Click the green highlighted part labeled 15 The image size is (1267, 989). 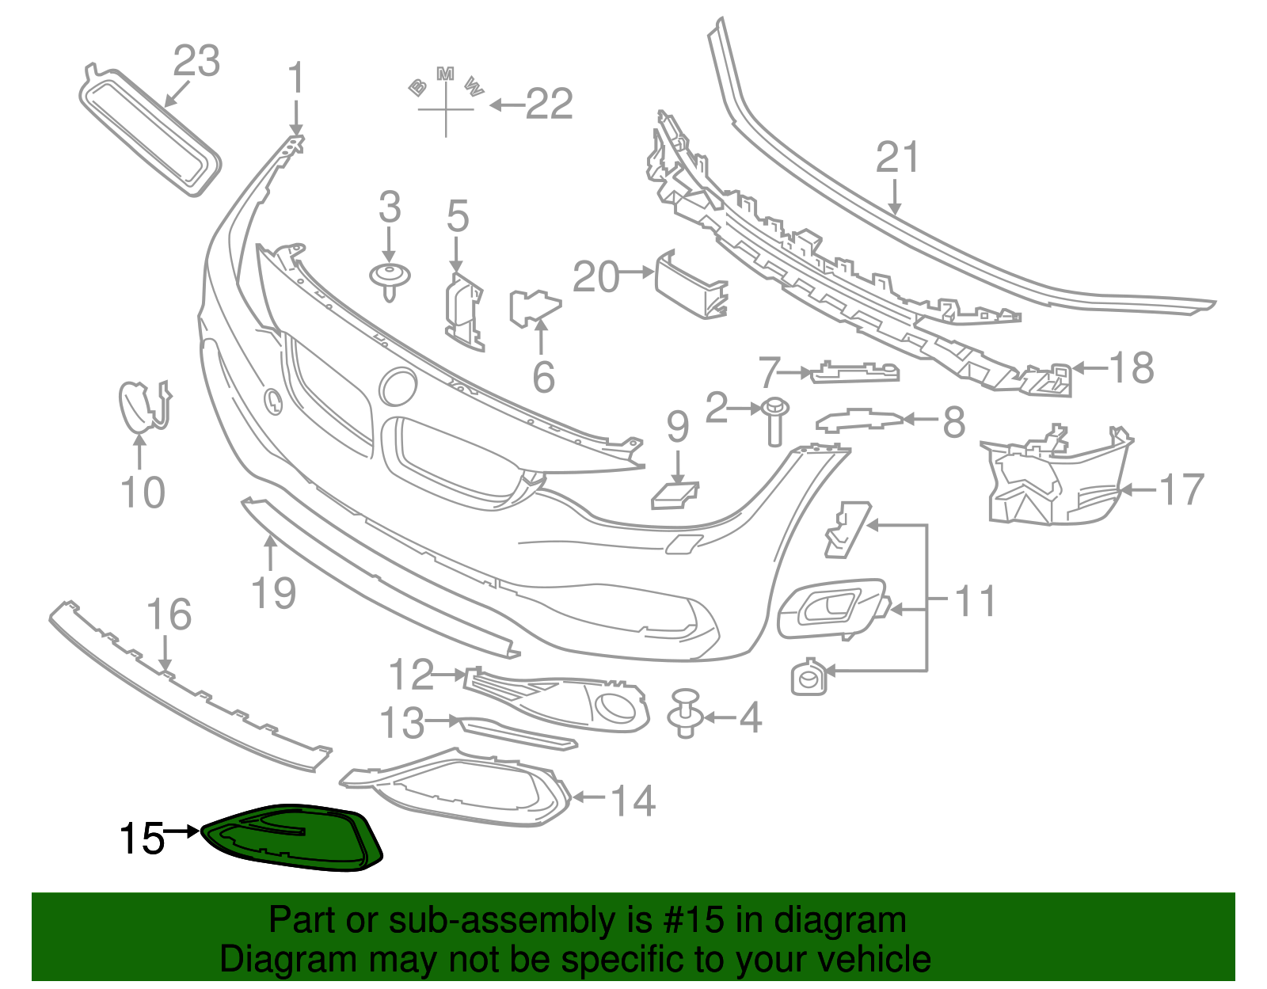(x=293, y=839)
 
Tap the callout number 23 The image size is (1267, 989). (x=196, y=61)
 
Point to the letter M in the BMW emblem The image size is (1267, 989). (x=446, y=74)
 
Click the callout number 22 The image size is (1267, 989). (x=549, y=104)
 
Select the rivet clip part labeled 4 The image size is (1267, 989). (x=686, y=713)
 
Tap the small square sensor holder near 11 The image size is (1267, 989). (x=809, y=677)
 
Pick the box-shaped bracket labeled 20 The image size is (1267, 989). (x=691, y=284)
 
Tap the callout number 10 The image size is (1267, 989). (x=143, y=493)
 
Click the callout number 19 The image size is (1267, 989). (x=273, y=592)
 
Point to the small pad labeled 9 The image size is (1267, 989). (x=674, y=495)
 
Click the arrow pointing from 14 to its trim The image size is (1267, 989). (x=588, y=797)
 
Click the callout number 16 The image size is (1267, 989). (x=169, y=614)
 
